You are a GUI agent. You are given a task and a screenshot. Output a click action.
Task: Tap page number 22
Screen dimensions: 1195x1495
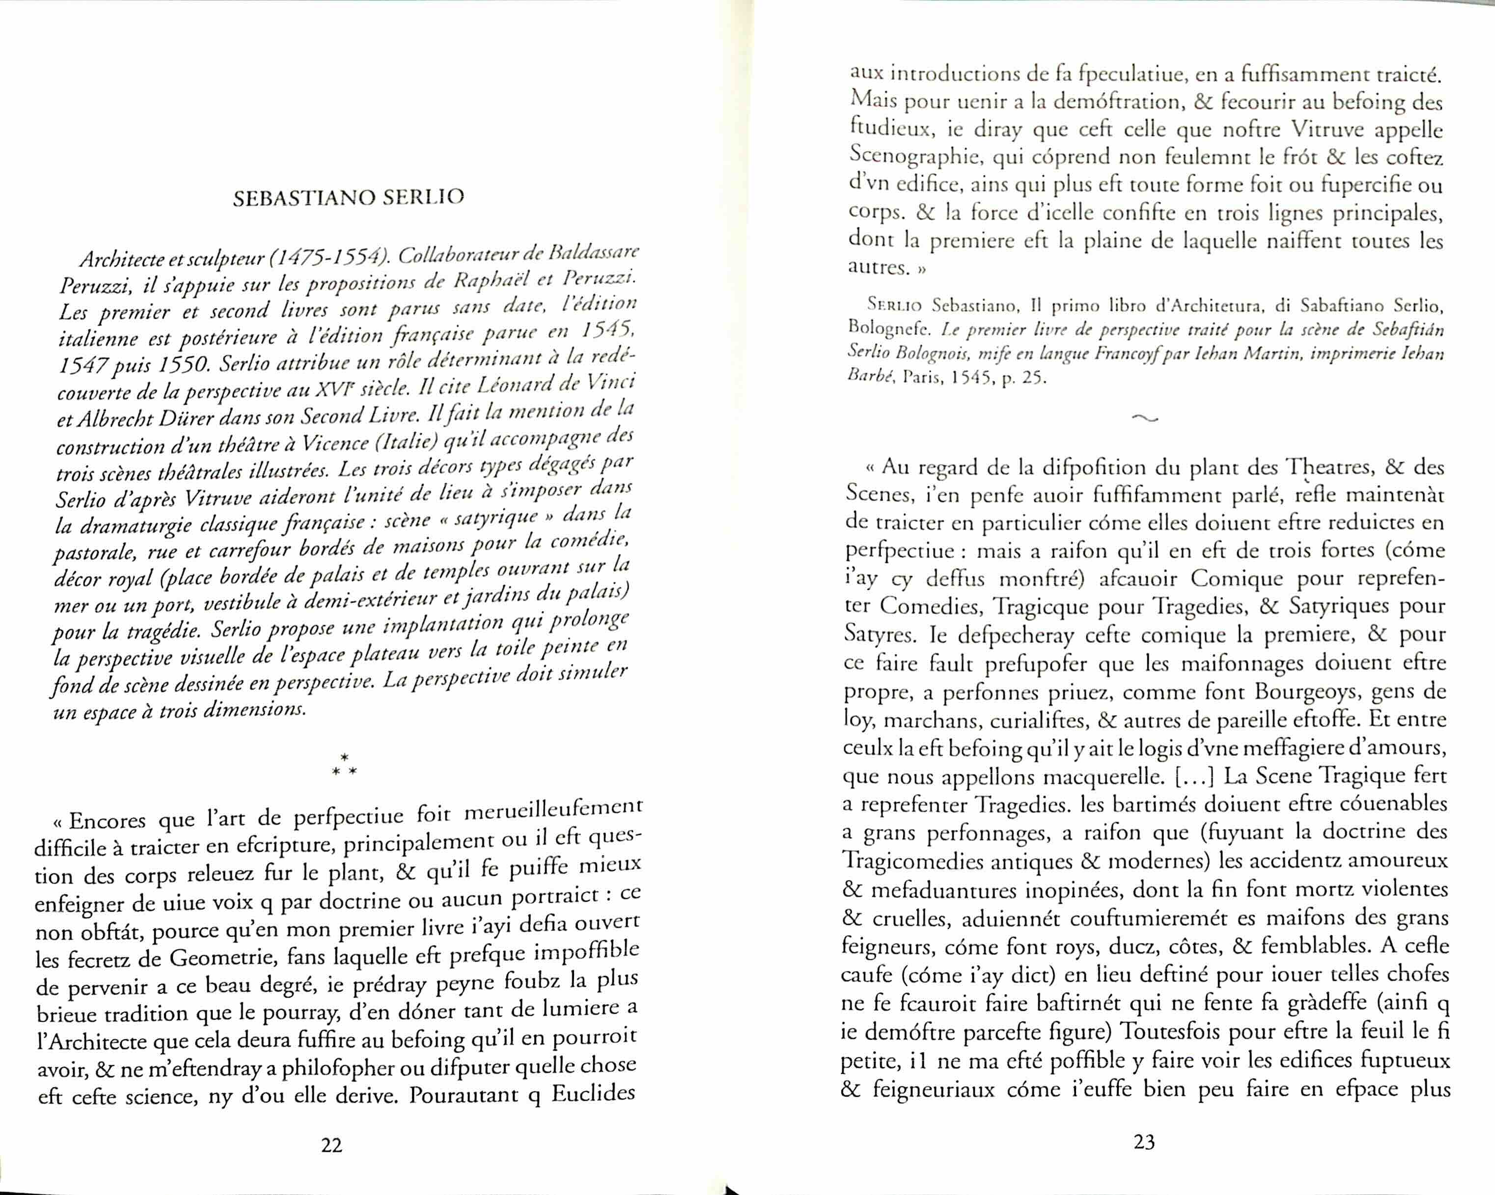coord(332,1145)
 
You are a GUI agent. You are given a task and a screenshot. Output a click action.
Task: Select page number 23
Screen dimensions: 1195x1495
coord(1144,1141)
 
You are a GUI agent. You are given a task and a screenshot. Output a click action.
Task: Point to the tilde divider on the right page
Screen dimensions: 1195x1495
coord(1144,418)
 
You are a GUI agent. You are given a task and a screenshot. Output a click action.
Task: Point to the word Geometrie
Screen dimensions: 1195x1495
coord(226,958)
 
